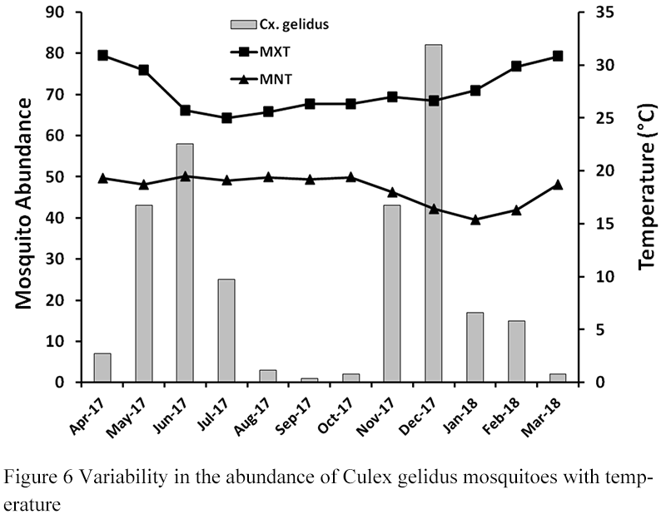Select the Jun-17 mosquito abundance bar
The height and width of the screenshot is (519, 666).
185,263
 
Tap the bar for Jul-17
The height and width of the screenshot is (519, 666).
226,331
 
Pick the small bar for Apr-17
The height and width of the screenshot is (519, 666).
102,368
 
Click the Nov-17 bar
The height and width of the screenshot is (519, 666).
391,294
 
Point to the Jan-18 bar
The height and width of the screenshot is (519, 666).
475,347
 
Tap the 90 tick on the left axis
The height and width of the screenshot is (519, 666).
62,12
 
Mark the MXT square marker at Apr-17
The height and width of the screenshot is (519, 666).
102,56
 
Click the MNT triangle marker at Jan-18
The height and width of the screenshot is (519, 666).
475,220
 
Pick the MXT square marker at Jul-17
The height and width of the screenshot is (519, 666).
226,118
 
